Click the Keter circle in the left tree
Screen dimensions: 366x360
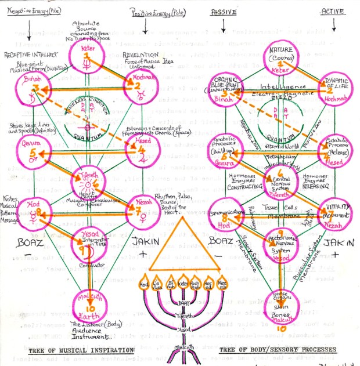click(x=87, y=56)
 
